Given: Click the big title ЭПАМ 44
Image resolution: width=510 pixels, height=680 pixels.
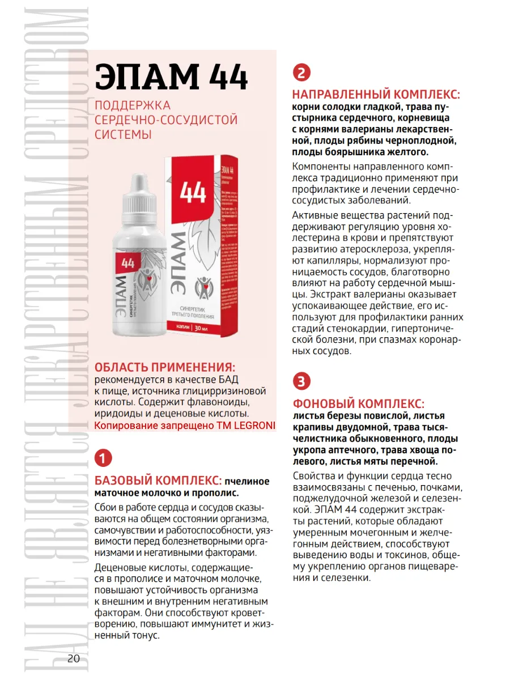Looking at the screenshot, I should [171, 78].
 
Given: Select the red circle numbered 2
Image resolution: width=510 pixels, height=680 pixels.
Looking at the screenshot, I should [301, 73].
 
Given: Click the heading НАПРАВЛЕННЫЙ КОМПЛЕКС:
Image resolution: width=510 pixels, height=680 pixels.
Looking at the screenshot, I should [376, 94].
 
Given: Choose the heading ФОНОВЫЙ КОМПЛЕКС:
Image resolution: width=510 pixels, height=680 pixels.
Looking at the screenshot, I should [358, 403].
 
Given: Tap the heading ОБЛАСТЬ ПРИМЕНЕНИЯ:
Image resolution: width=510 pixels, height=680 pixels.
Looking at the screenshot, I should [165, 367].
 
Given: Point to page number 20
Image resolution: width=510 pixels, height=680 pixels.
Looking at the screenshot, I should [74, 658].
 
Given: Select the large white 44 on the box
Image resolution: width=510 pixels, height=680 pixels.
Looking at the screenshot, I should [193, 193].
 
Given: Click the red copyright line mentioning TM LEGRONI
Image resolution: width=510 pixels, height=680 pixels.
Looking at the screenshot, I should [184, 426].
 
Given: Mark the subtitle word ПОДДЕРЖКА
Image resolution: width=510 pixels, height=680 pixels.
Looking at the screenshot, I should [133, 105].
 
